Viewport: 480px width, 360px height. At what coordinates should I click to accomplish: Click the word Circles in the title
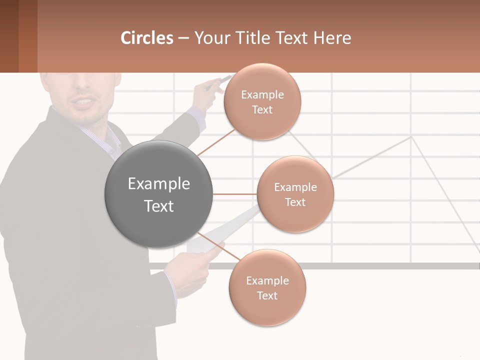(147, 37)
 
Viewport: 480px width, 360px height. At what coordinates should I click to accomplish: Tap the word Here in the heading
(332, 37)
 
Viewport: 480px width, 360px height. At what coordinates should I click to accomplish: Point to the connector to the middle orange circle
(235, 194)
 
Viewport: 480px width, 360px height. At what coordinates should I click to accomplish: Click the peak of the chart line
(411, 136)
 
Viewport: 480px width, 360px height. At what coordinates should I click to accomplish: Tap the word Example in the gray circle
(159, 184)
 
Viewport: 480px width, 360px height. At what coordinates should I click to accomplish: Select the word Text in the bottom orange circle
(267, 295)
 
